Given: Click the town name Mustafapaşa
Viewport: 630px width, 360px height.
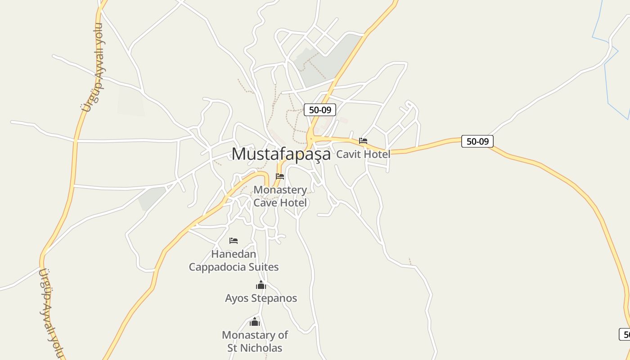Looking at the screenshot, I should click(x=281, y=154).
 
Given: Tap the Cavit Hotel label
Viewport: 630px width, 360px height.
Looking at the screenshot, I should click(x=363, y=154).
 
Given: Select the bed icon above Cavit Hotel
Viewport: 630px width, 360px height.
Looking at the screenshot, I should click(x=363, y=141).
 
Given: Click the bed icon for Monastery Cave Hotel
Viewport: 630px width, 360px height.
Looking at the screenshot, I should click(x=280, y=176).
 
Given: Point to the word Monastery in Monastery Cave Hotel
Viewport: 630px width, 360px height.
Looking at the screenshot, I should click(x=280, y=190).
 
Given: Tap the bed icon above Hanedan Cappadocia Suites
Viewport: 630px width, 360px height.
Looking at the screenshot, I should click(x=234, y=241).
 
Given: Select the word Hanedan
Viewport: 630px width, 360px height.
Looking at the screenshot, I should click(x=234, y=254).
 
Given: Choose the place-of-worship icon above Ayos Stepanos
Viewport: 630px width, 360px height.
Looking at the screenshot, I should click(x=261, y=285).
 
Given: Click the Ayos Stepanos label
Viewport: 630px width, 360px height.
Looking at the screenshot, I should click(x=261, y=298).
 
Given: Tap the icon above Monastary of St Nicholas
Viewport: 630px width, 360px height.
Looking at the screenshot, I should click(x=255, y=322).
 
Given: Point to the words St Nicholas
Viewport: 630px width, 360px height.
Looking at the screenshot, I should click(x=255, y=348).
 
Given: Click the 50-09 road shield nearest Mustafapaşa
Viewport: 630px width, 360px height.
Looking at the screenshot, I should click(x=320, y=110).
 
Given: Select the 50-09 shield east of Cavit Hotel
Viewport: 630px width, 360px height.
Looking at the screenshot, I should click(x=477, y=141).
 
